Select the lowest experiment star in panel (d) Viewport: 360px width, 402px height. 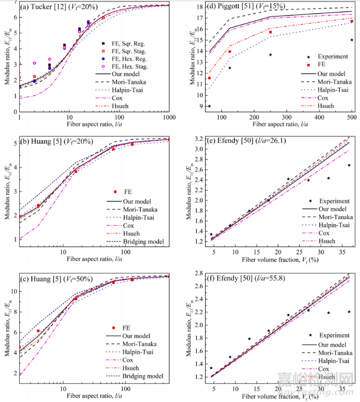[x=209, y=106]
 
